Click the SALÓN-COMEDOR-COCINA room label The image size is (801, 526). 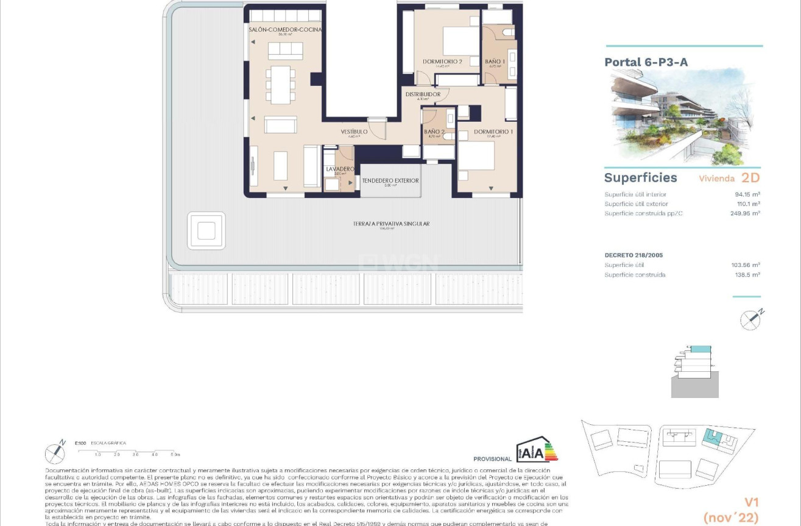285,30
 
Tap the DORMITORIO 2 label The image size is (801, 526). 442,62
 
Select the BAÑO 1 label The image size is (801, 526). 495,62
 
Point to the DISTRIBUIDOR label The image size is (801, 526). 423,94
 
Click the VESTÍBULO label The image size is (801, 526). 353,132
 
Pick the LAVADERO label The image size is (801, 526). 340,169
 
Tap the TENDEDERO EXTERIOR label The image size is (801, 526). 390,181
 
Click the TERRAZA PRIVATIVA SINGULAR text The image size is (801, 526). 391,224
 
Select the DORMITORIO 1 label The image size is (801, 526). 493,132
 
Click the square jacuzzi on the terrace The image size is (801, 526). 206,231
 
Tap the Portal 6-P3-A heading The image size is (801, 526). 646,62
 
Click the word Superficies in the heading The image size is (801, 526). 640,178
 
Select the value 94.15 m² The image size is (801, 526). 747,195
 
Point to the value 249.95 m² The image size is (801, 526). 745,214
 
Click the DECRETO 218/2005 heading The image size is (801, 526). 633,255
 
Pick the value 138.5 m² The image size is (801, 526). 747,275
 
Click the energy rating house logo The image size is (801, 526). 537,450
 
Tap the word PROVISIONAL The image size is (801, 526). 492,459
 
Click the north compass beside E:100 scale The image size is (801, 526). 55,452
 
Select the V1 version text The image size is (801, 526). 751,503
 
